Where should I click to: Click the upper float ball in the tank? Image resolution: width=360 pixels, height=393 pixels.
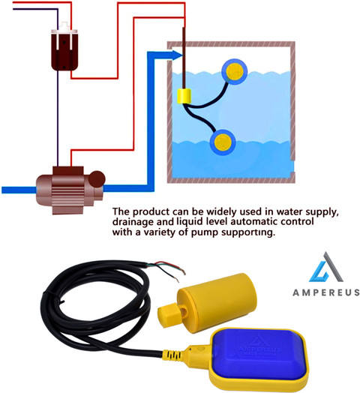(x=235, y=72)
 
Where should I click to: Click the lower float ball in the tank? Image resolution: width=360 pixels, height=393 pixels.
(x=223, y=142)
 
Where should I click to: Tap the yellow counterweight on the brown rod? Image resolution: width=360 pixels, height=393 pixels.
(x=184, y=96)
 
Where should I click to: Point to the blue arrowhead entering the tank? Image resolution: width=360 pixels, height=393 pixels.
(x=177, y=55)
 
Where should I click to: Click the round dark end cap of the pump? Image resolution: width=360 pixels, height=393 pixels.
(x=97, y=179)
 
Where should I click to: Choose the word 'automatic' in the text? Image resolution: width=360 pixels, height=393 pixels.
(x=254, y=221)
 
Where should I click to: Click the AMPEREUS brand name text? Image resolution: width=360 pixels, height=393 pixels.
(x=326, y=292)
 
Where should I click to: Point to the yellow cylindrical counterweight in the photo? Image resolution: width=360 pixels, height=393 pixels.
(x=217, y=302)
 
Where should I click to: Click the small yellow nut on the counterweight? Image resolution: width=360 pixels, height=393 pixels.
(x=169, y=315)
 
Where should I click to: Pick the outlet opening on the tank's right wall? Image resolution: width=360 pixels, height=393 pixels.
(x=292, y=166)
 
